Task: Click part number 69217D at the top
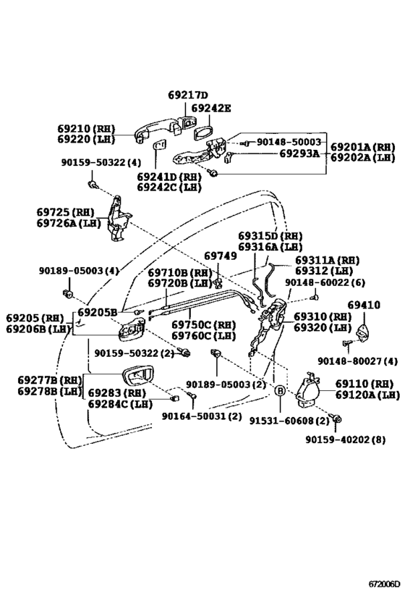click(x=188, y=95)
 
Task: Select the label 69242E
click(x=210, y=108)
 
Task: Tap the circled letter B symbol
click(x=280, y=391)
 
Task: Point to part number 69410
click(x=364, y=305)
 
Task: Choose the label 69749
click(x=221, y=256)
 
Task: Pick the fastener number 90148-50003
click(x=289, y=142)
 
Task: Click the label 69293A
click(x=299, y=153)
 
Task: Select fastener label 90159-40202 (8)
click(x=345, y=440)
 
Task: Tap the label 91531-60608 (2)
click(x=289, y=421)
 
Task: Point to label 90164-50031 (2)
click(x=201, y=416)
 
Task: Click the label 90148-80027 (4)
click(x=357, y=361)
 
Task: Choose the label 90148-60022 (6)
click(x=325, y=282)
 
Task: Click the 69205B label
click(x=98, y=312)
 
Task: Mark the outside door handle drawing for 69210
click(x=158, y=131)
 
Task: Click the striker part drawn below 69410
click(x=364, y=332)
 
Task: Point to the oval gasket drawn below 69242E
click(x=203, y=133)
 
